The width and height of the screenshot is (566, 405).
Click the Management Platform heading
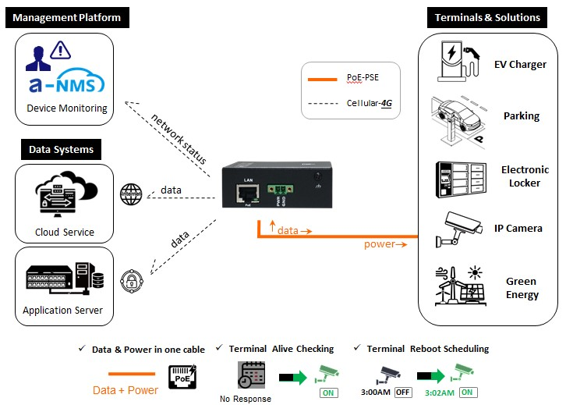click(65, 17)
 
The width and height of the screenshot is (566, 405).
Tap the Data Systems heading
click(61, 149)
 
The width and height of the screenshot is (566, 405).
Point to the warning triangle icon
click(60, 52)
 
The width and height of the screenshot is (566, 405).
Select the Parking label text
click(521, 116)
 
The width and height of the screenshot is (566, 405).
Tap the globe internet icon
click(131, 194)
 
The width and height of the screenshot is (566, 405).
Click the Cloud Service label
click(65, 232)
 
